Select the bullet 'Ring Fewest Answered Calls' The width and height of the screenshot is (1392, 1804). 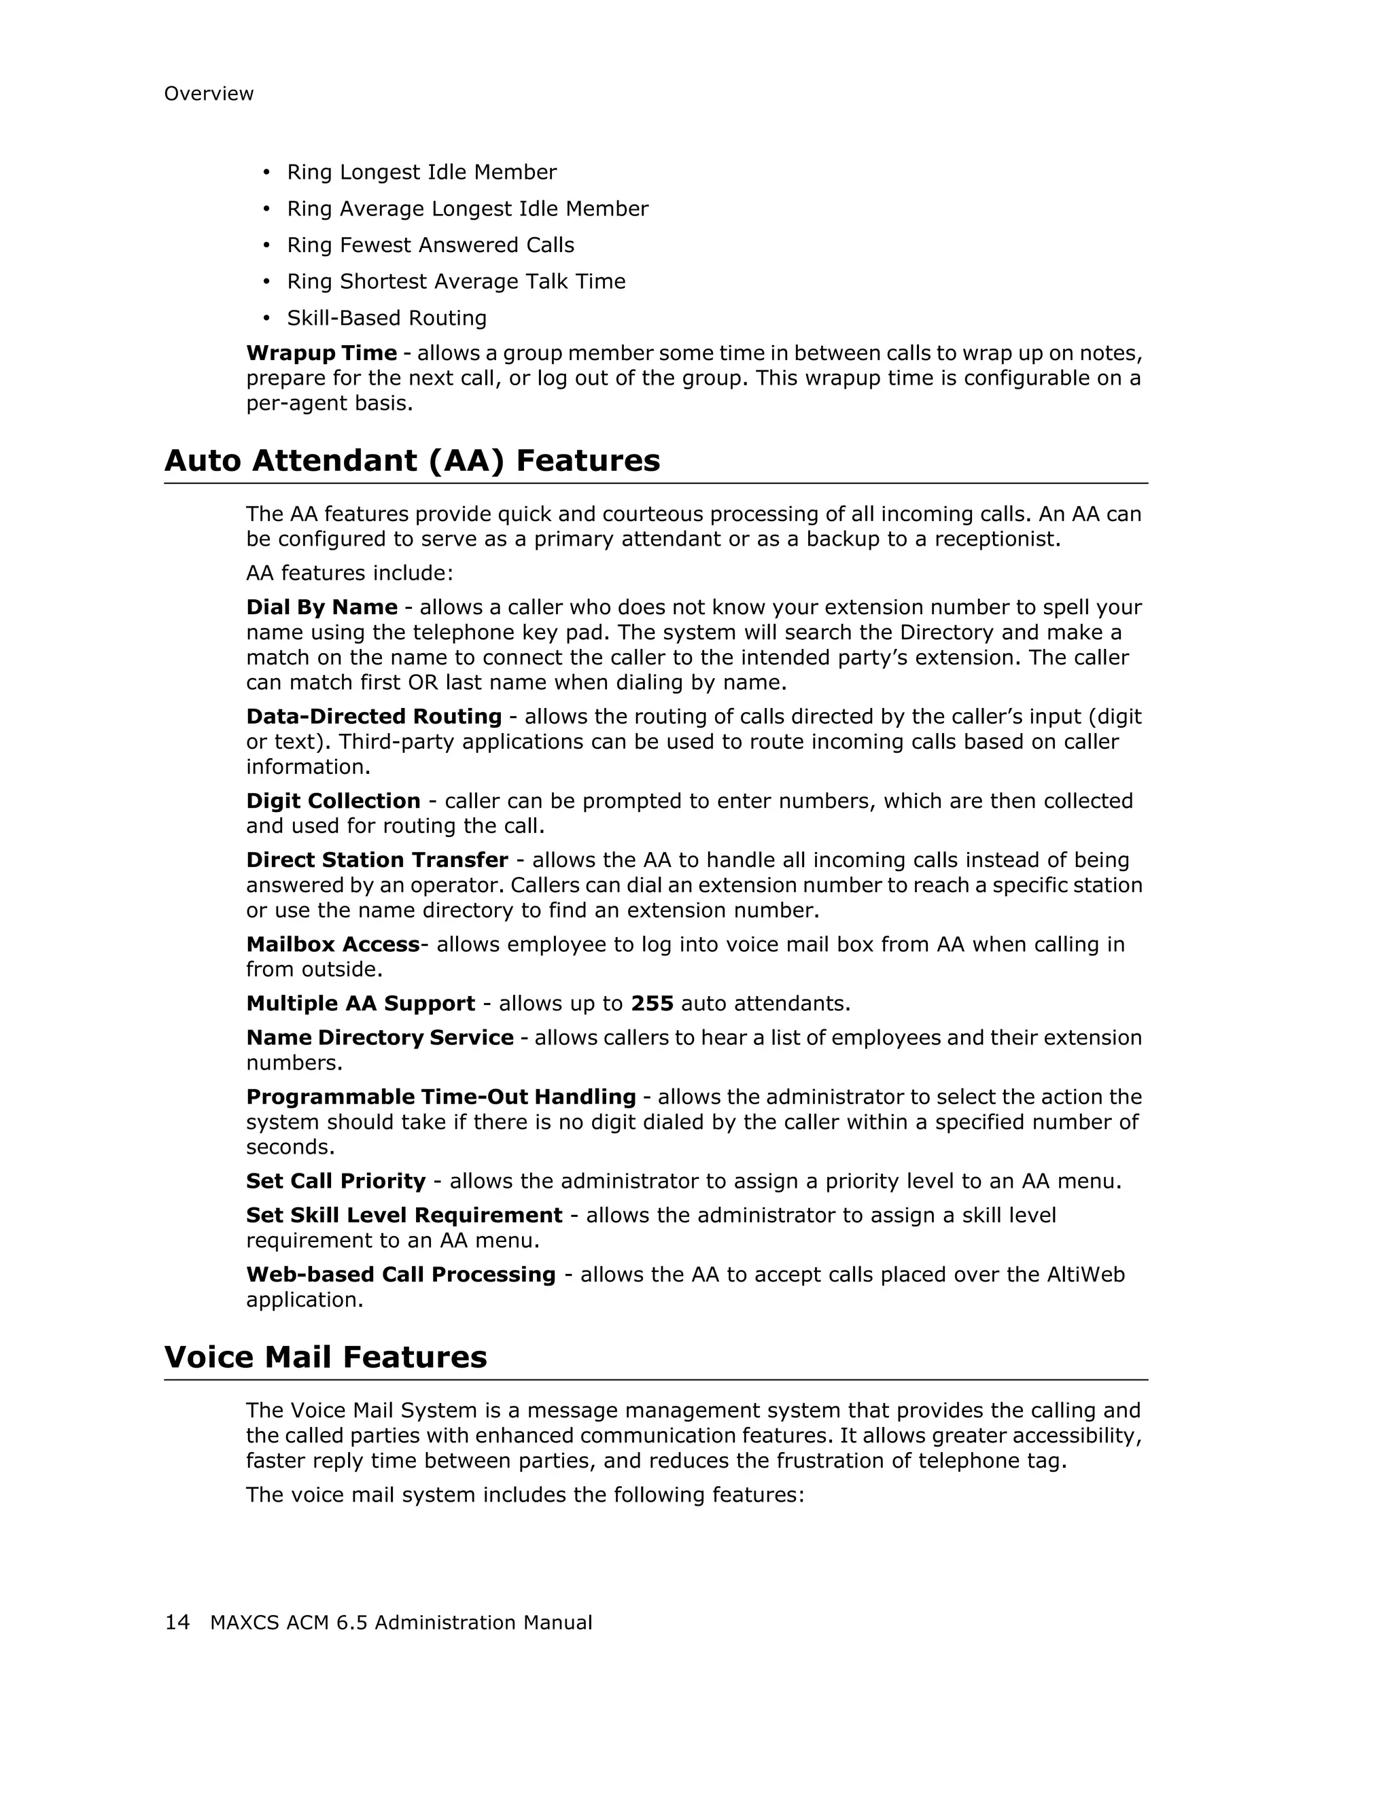pyautogui.click(x=430, y=245)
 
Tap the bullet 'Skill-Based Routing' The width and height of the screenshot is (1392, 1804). pyautogui.click(x=387, y=318)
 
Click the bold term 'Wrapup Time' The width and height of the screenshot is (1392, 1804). pyautogui.click(x=321, y=353)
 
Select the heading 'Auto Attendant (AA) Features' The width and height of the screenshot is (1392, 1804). pyautogui.click(x=411, y=461)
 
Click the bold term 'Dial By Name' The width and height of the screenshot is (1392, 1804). pyautogui.click(x=321, y=608)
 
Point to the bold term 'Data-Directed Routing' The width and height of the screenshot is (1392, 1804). pyautogui.click(x=373, y=717)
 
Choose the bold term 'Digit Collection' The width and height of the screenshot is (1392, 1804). pyautogui.click(x=333, y=801)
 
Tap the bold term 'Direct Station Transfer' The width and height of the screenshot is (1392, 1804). pyautogui.click(x=377, y=861)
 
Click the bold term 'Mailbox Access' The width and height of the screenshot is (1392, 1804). pyautogui.click(x=333, y=945)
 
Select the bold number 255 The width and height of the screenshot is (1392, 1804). pyautogui.click(x=652, y=1004)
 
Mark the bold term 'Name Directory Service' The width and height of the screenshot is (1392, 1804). pyautogui.click(x=379, y=1038)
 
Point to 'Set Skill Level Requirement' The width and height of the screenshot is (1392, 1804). pyautogui.click(x=404, y=1216)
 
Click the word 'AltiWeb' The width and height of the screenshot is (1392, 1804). pyautogui.click(x=1085, y=1275)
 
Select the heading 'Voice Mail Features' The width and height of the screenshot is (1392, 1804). pyautogui.click(x=326, y=1357)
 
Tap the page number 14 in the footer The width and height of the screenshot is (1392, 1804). pyautogui.click(x=177, y=1623)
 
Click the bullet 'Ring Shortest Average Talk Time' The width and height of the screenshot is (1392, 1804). pyautogui.click(x=455, y=282)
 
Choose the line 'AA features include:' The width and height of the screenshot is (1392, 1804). pyautogui.click(x=349, y=573)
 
